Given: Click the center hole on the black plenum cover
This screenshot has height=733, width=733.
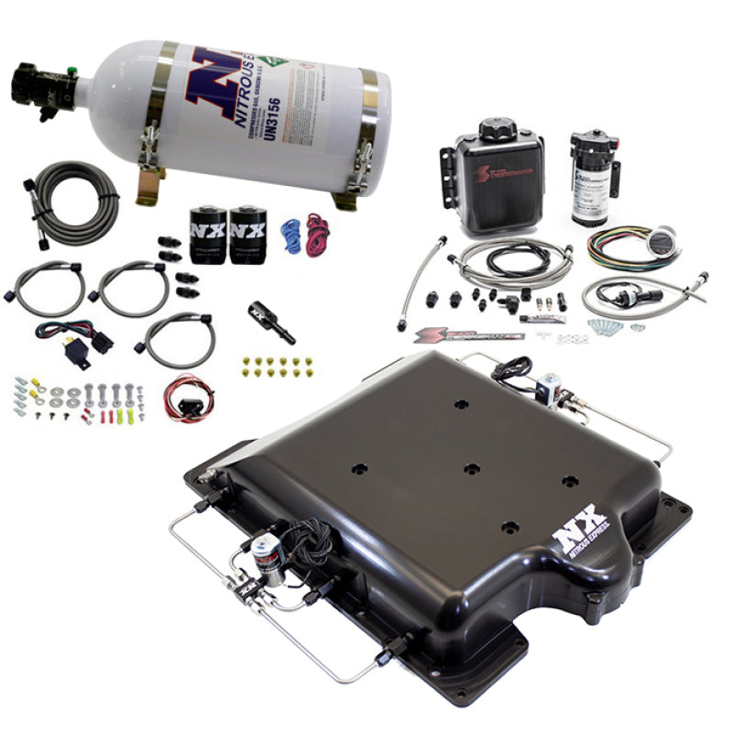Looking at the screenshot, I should (471, 468).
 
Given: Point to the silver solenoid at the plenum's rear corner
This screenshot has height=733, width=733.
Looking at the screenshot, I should (551, 387).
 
